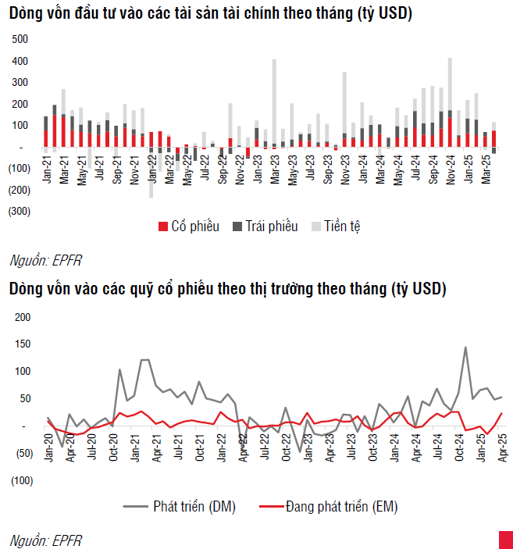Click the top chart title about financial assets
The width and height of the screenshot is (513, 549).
[x=211, y=13]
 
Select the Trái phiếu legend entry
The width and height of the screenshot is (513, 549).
[x=265, y=226]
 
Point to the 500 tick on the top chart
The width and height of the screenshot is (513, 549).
[x=21, y=39]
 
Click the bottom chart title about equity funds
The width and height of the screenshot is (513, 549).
[x=227, y=289]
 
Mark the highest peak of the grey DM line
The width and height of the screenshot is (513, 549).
[x=465, y=348]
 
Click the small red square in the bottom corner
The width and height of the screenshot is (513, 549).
[x=505, y=540]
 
